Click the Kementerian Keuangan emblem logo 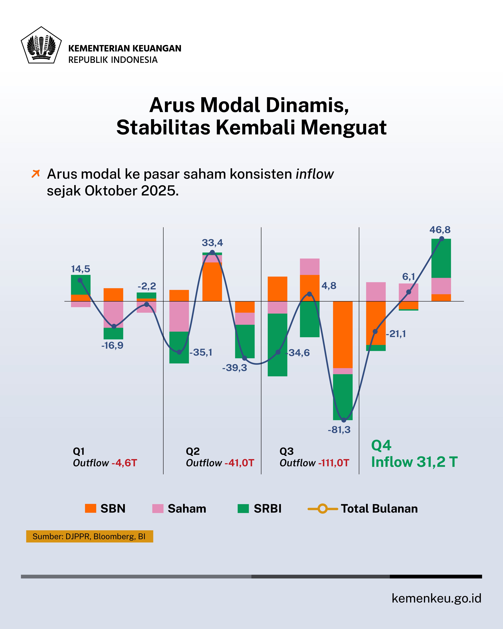pos(41,45)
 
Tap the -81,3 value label pos(339,430)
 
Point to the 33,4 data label pos(212,243)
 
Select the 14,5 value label pos(80,269)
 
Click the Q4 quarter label pos(381,445)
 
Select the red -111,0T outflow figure pos(334,463)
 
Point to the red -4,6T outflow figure pos(124,463)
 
